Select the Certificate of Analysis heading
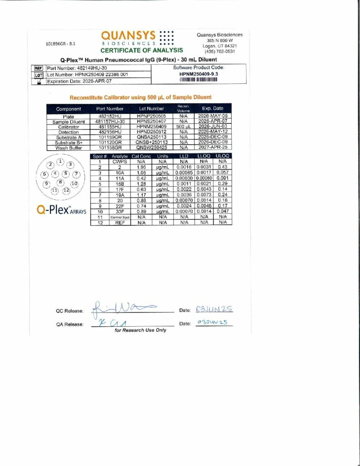click(142, 51)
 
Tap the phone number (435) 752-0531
click(219, 51)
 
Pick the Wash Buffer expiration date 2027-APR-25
click(213, 147)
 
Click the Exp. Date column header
click(213, 109)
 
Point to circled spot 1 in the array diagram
click(60, 162)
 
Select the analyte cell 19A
click(120, 195)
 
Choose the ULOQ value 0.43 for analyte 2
click(223, 167)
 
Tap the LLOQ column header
click(203, 156)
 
